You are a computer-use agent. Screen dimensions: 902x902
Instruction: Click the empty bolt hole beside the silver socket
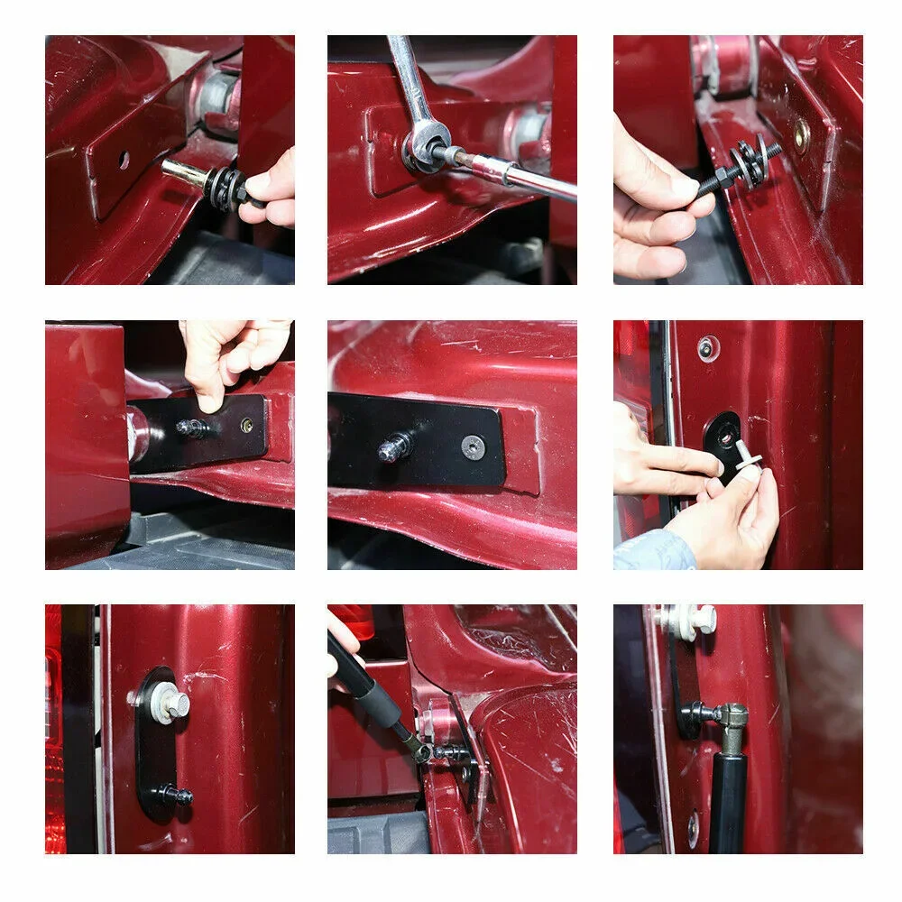[x=123, y=161]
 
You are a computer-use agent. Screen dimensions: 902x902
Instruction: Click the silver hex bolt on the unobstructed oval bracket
[x=171, y=701]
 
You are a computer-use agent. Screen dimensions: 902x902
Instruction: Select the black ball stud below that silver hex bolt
[x=173, y=796]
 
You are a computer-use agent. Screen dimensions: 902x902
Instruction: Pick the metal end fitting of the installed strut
[x=732, y=718]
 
